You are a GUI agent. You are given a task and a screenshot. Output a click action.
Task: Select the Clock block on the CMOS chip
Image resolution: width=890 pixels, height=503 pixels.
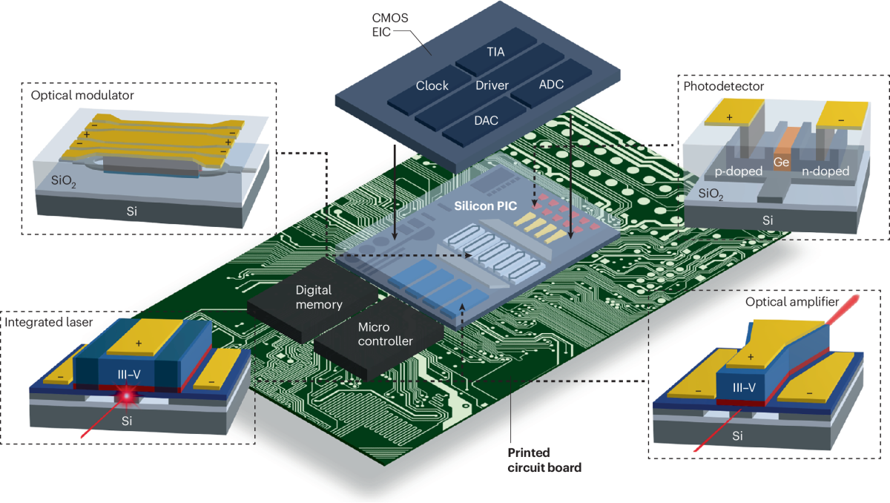tap(432, 85)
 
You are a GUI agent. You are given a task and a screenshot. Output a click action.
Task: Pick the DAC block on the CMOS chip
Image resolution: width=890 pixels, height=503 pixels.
tap(486, 119)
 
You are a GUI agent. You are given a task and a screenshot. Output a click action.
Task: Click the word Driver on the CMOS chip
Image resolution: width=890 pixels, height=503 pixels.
tap(492, 85)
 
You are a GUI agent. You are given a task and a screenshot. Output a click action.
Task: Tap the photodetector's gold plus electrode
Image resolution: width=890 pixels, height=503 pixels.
tap(730, 115)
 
